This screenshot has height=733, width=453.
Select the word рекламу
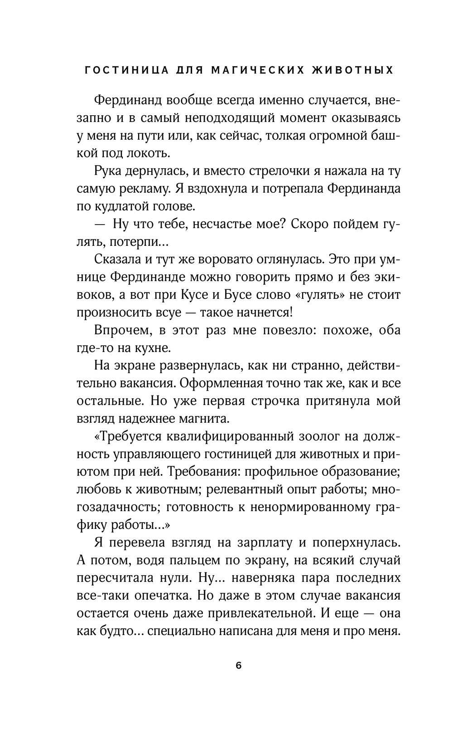(x=136, y=189)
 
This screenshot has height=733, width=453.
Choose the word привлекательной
(x=255, y=613)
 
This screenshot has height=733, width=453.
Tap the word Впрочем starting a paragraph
(x=122, y=330)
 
